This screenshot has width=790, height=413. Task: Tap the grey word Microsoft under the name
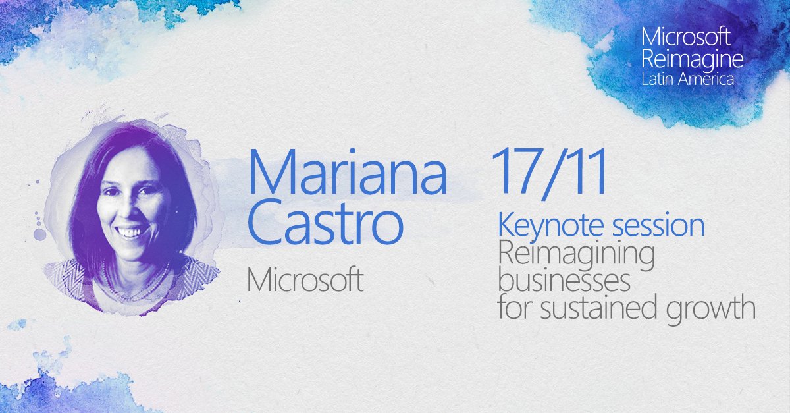tap(305, 281)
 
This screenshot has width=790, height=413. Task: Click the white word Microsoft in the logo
tap(688, 37)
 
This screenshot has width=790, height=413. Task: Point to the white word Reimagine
tap(692, 59)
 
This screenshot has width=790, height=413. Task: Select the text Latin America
tap(687, 78)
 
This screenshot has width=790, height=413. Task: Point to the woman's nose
tap(129, 211)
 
